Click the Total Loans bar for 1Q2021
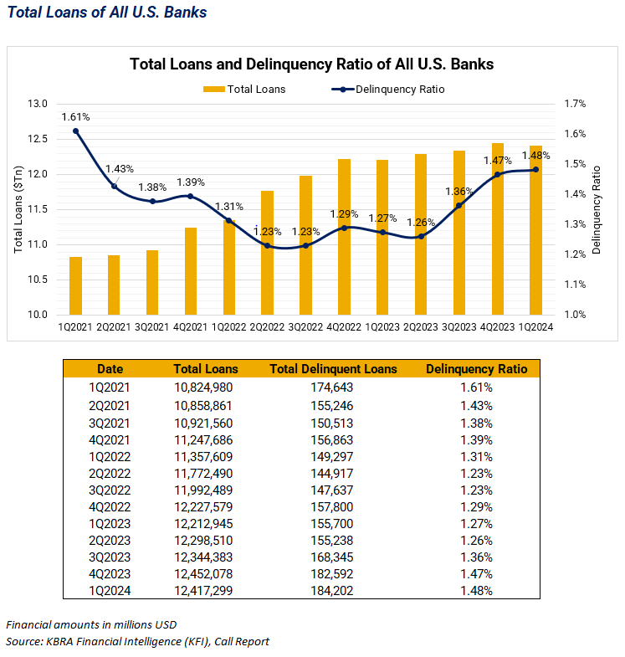coord(75,285)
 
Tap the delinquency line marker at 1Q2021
coord(76,131)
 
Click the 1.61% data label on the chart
coord(75,116)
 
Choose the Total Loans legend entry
coord(244,89)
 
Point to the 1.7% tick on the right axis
coord(576,104)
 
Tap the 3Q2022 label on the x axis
coord(306,327)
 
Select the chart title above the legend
coord(311,64)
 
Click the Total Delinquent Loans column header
coord(333,368)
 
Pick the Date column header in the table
coord(110,368)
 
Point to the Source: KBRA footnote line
coord(137,641)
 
